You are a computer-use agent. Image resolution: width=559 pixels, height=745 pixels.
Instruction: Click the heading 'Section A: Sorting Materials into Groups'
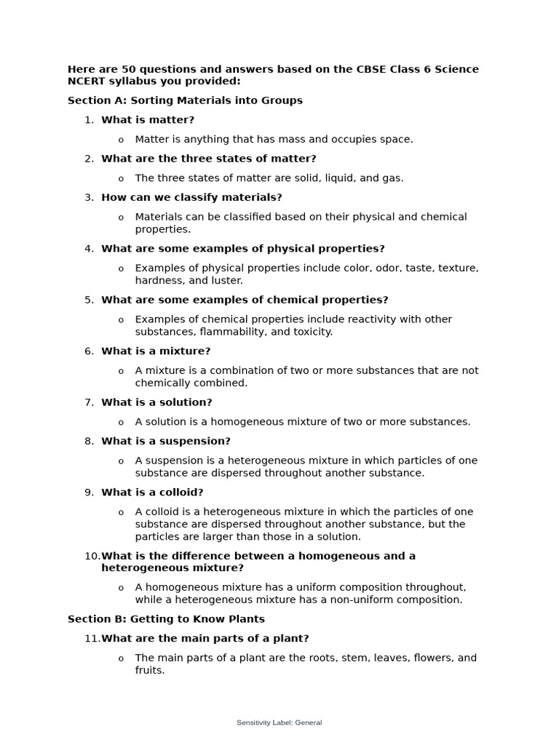185,100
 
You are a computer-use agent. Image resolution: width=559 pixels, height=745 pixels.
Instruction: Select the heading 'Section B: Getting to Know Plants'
166,619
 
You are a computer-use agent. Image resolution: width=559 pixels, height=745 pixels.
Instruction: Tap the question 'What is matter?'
148,120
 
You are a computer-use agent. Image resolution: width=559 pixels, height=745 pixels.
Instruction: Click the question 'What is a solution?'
156,402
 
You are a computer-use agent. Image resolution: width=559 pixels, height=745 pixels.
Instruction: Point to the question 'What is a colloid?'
152,493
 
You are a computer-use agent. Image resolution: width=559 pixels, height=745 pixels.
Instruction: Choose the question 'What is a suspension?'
166,441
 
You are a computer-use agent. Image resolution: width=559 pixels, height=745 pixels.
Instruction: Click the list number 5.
89,300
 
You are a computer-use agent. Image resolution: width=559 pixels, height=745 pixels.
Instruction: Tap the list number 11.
92,639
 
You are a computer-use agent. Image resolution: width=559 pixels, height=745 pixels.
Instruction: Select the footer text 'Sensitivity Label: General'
279,722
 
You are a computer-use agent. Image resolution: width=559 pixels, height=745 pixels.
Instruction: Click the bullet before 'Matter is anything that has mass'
121,140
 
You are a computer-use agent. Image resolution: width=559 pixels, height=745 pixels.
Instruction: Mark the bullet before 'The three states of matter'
121,178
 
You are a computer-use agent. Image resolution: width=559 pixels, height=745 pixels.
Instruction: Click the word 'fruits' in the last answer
148,670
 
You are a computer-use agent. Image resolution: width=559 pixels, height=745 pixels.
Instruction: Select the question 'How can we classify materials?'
191,197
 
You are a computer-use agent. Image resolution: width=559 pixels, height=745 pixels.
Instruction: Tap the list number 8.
89,441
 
